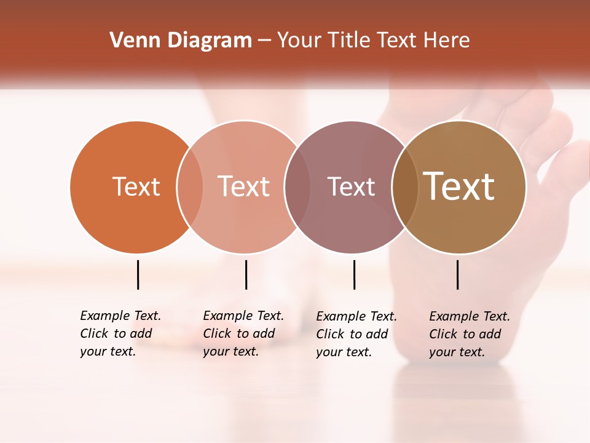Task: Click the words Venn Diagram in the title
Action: pyautogui.click(x=181, y=41)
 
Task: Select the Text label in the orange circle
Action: pyautogui.click(x=136, y=186)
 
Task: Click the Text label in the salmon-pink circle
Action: pyautogui.click(x=243, y=186)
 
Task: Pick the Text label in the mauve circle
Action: pyautogui.click(x=351, y=186)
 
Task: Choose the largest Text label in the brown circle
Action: pyautogui.click(x=459, y=186)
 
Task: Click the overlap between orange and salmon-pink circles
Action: pyautogui.click(x=190, y=186)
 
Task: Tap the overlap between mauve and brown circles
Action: pyautogui.click(x=405, y=186)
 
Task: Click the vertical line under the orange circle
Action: pyautogui.click(x=138, y=274)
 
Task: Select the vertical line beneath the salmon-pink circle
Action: pyautogui.click(x=246, y=274)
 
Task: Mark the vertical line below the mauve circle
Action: pyautogui.click(x=354, y=274)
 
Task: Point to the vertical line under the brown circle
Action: pyautogui.click(x=457, y=274)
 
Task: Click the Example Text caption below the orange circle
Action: pyautogui.click(x=120, y=316)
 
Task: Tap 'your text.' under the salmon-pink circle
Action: pyautogui.click(x=230, y=351)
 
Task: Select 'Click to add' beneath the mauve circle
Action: pyautogui.click(x=352, y=334)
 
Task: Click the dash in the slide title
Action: pyautogui.click(x=264, y=41)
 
